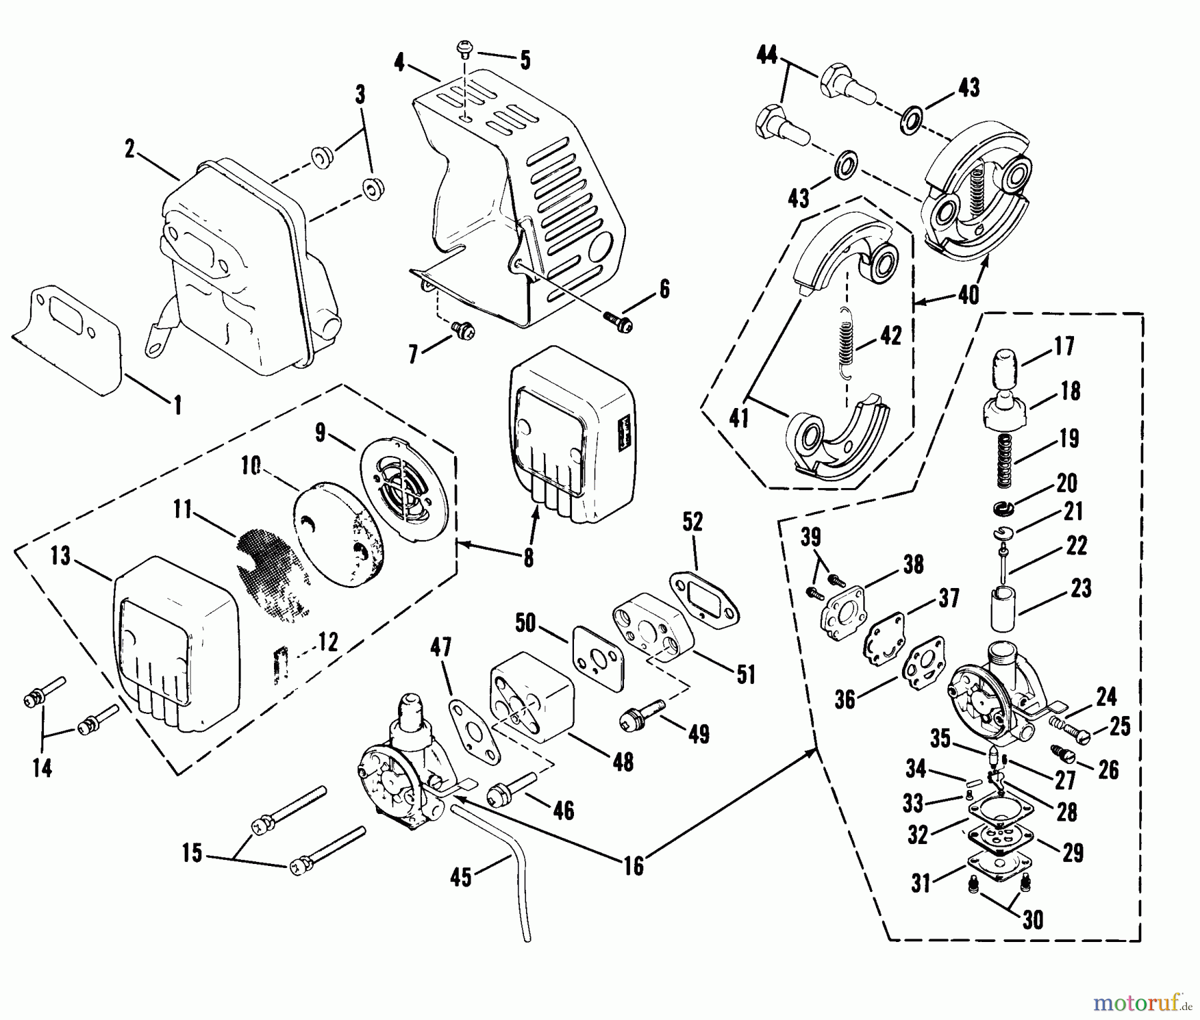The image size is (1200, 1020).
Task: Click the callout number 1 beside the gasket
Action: (177, 405)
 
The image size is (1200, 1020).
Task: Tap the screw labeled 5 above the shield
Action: (464, 49)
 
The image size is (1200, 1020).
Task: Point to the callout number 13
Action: (61, 556)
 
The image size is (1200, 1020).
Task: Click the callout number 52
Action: (693, 521)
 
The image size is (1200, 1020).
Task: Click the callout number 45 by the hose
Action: (460, 877)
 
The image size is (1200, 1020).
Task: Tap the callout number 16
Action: (633, 866)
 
